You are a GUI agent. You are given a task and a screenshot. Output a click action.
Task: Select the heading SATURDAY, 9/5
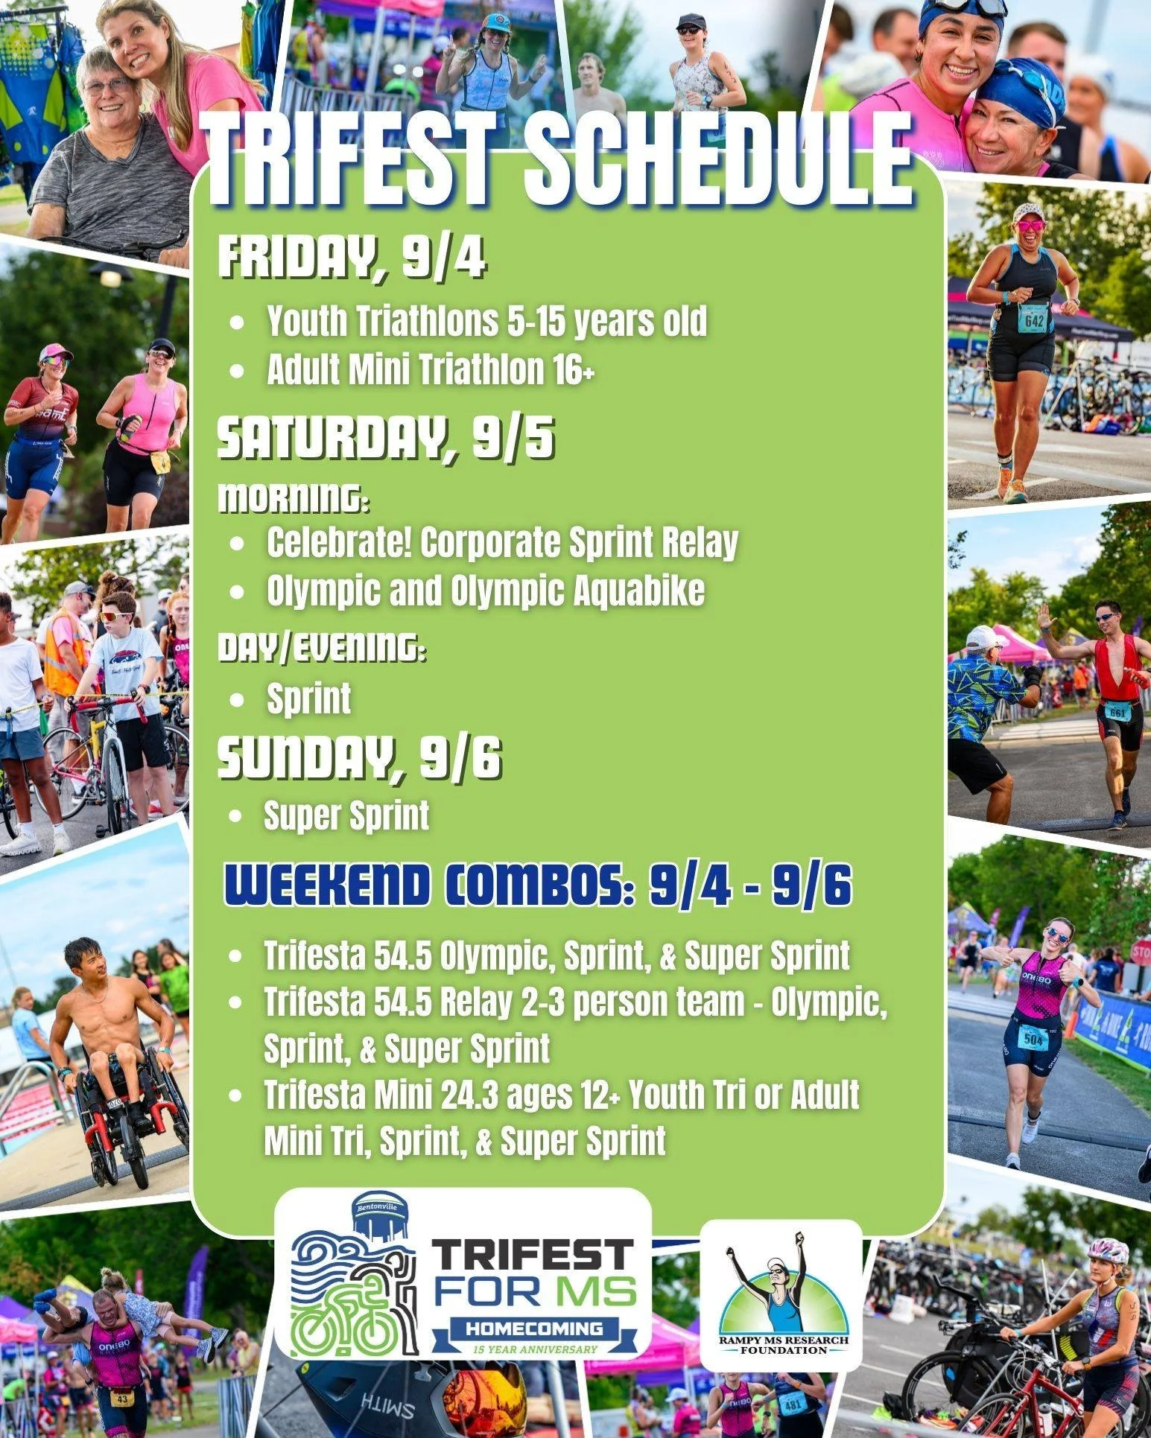tap(385, 440)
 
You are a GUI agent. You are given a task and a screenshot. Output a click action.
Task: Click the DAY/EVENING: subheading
tap(322, 649)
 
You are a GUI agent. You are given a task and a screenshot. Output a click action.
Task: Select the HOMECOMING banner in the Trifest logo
tap(534, 1329)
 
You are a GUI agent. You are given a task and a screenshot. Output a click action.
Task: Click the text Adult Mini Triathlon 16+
tap(431, 370)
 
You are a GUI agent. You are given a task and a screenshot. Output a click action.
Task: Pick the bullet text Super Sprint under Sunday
tap(346, 815)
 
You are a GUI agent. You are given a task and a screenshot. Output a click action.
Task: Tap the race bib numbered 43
tap(122, 1399)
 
